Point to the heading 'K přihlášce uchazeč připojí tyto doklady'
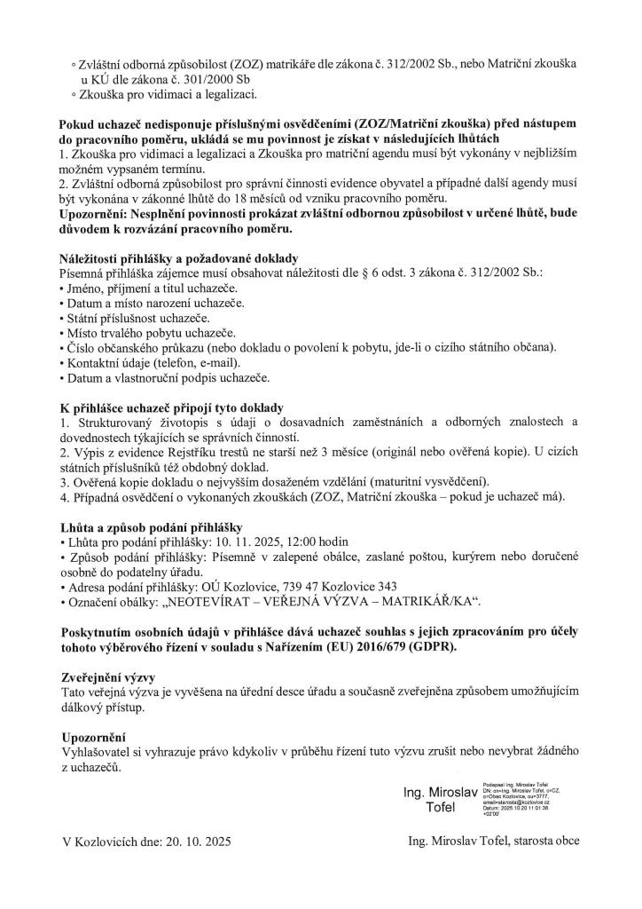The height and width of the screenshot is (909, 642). [171, 407]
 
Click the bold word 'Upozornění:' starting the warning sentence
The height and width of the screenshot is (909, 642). [97, 213]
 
